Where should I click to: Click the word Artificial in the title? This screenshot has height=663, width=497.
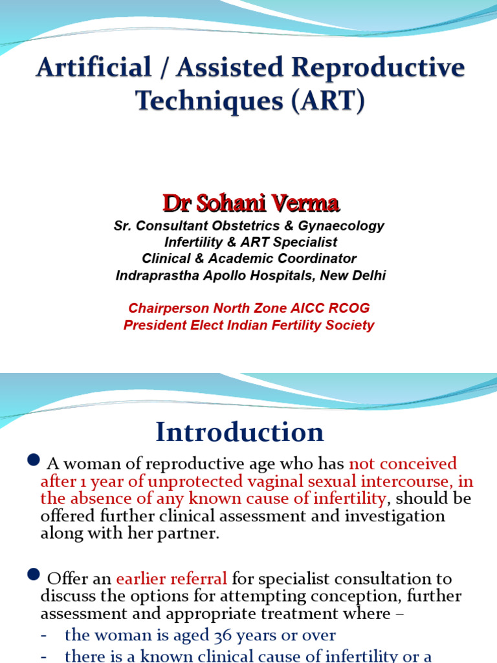[x=93, y=67]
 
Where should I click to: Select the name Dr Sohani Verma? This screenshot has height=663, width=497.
[x=251, y=203]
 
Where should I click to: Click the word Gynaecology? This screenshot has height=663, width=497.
[x=341, y=226]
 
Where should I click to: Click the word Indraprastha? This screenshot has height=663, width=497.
[x=157, y=276]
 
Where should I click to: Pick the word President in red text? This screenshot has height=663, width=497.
[x=155, y=325]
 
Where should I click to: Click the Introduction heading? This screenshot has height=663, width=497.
[x=239, y=432]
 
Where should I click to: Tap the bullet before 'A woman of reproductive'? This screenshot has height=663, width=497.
[x=34, y=460]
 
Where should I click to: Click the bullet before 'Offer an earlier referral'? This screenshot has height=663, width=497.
[x=34, y=575]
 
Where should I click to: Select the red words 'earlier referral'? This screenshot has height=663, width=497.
[x=171, y=578]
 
